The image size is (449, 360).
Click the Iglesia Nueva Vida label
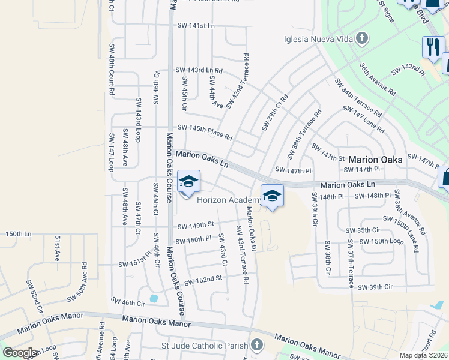tap(318, 40)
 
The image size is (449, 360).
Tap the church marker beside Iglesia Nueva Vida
tap(361, 40)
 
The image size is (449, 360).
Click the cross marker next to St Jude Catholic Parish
tap(257, 345)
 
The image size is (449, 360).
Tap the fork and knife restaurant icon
tap(432, 46)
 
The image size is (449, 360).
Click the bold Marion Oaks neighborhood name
tap(372, 160)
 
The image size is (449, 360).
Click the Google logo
tap(20, 353)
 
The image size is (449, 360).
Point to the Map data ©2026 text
tap(423, 355)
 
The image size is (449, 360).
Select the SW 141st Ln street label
tap(196, 25)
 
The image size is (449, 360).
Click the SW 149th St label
tap(196, 225)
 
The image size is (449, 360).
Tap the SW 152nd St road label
tap(203, 280)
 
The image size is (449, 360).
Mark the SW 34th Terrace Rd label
tap(358, 97)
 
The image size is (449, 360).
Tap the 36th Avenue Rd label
tap(378, 79)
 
